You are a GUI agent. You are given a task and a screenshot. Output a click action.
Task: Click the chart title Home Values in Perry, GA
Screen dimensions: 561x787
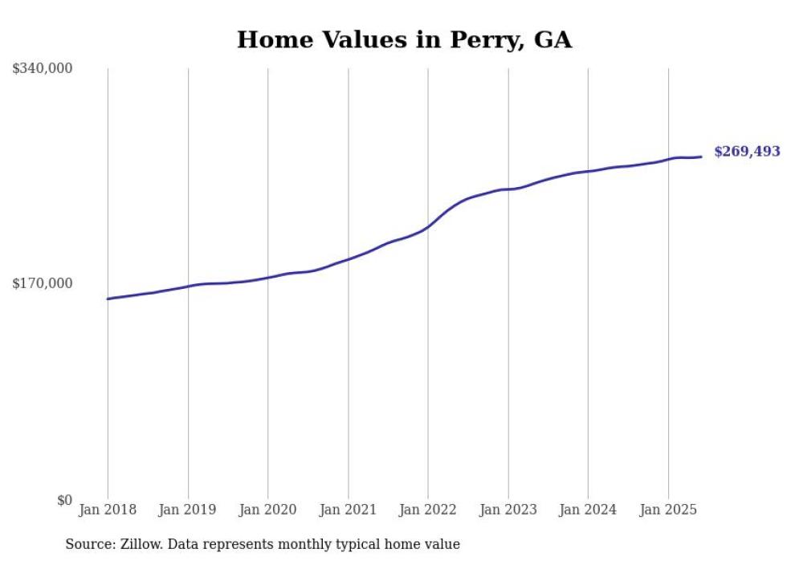(x=404, y=40)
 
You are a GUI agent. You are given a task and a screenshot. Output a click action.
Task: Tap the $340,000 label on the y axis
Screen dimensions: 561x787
(x=42, y=68)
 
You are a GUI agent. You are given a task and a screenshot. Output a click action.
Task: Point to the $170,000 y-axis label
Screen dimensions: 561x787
(x=42, y=283)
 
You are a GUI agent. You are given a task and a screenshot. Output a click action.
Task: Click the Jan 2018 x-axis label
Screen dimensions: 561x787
(x=108, y=510)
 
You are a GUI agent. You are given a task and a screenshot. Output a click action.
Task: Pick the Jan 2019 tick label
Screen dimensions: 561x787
(x=187, y=510)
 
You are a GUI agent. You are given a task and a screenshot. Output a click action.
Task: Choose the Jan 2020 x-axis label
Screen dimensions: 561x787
(x=267, y=510)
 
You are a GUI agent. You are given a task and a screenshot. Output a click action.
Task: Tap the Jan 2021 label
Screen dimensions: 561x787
(x=348, y=510)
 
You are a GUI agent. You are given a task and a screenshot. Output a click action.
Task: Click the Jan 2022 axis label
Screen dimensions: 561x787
(x=427, y=510)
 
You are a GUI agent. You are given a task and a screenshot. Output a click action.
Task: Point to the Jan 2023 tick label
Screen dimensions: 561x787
(x=508, y=510)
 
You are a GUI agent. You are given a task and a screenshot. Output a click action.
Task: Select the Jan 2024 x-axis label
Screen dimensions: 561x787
(x=588, y=510)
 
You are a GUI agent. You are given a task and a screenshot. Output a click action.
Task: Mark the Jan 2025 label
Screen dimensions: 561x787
(x=667, y=510)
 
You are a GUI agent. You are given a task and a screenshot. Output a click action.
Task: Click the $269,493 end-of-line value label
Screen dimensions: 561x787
(x=747, y=152)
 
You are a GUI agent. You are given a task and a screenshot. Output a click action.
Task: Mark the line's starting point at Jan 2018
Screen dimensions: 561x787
(x=108, y=299)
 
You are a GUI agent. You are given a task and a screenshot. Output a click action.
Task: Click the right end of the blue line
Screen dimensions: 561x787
(x=702, y=157)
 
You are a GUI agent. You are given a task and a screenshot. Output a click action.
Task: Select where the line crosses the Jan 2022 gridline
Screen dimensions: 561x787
(x=428, y=226)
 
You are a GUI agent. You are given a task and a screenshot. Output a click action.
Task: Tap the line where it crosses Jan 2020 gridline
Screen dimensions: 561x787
(x=267, y=277)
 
